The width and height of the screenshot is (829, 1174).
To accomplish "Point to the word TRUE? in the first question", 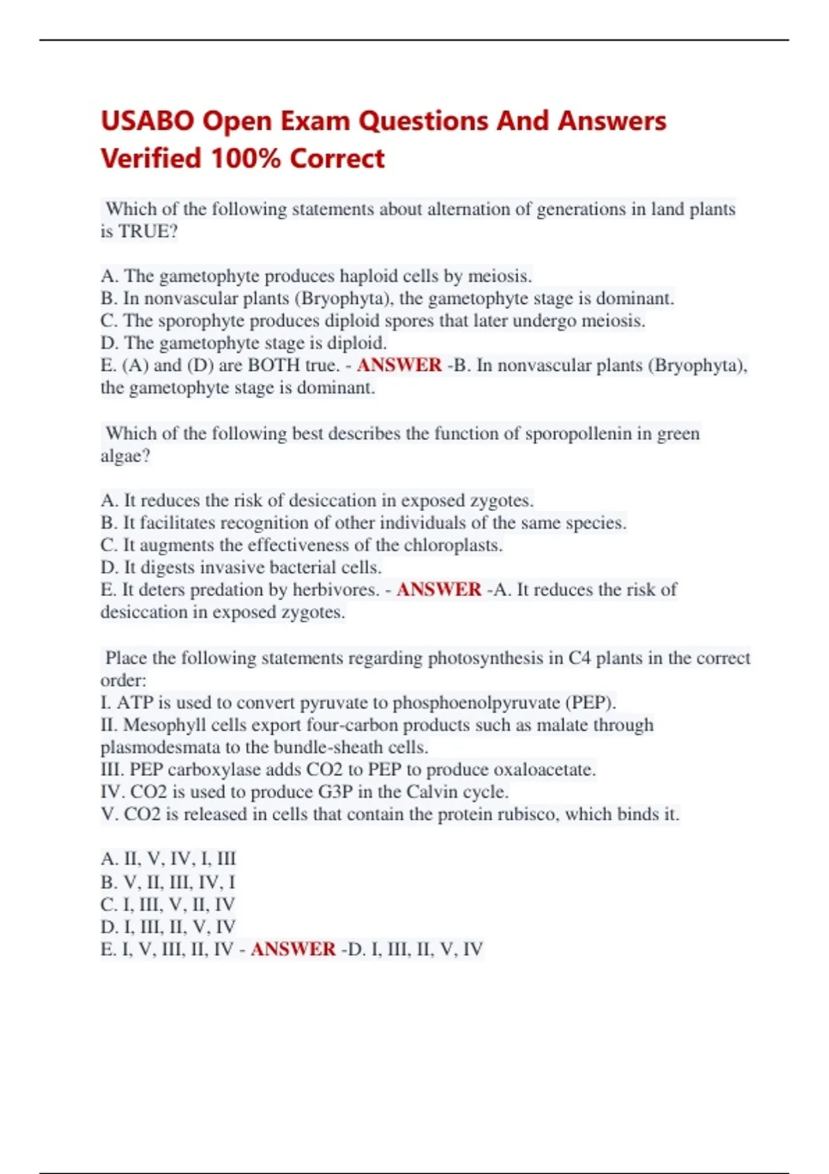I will [148, 231].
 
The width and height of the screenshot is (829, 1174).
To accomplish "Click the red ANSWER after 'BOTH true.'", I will [399, 365].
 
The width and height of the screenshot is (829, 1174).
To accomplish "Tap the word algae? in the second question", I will [125, 456].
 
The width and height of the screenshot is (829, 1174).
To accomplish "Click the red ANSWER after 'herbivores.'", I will [439, 589].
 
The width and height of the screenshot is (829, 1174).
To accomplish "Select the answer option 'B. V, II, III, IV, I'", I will [168, 882].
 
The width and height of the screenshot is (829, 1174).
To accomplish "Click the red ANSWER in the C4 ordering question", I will [293, 949].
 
